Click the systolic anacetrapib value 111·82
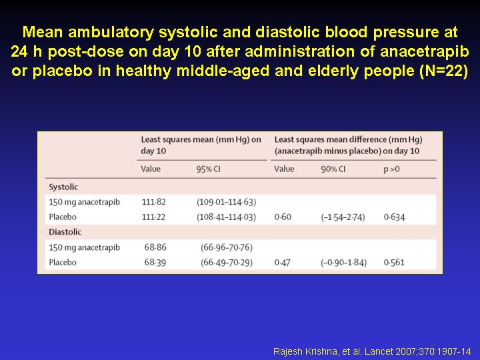click(x=154, y=202)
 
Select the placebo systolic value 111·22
click(x=153, y=217)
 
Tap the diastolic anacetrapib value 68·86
click(x=155, y=247)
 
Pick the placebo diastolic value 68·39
click(x=155, y=263)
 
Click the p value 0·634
click(x=394, y=217)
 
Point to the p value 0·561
click(x=394, y=263)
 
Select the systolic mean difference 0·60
click(x=283, y=217)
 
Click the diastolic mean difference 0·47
click(x=282, y=263)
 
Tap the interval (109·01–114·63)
click(x=227, y=202)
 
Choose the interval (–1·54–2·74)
click(x=343, y=217)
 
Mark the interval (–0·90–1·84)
click(x=344, y=263)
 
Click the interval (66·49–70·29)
click(x=227, y=263)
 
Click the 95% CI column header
click(x=208, y=169)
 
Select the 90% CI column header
click(x=333, y=169)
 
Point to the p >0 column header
click(x=391, y=169)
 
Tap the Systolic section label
click(x=63, y=187)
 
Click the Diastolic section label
click(x=65, y=232)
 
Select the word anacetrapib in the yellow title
click(x=425, y=51)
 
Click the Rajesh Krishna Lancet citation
click(x=372, y=351)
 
